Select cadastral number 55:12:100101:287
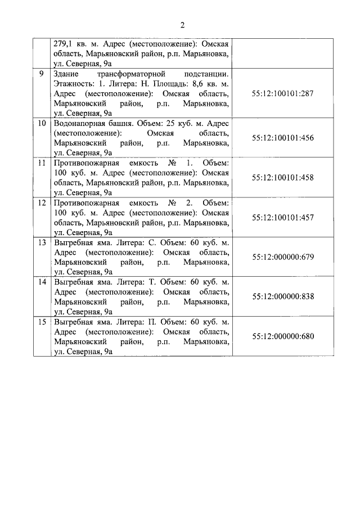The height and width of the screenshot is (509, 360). pos(283,93)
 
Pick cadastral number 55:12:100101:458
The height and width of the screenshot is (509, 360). pos(283,178)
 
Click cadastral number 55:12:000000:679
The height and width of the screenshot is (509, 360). pos(283,258)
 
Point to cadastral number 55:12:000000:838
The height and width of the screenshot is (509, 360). pos(283,297)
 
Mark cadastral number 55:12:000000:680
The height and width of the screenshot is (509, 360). pos(283,337)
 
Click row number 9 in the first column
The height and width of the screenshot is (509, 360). pos(41,74)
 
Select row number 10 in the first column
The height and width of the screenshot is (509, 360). pos(41,123)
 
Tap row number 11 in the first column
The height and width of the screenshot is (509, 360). pos(41,163)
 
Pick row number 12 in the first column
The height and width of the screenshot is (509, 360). pos(41,202)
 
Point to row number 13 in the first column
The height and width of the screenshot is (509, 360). pos(41,242)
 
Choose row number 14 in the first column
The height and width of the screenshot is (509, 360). pos(41,282)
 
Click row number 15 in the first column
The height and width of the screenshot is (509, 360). pos(41,322)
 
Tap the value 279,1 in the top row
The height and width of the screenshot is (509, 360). pos(64,44)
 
